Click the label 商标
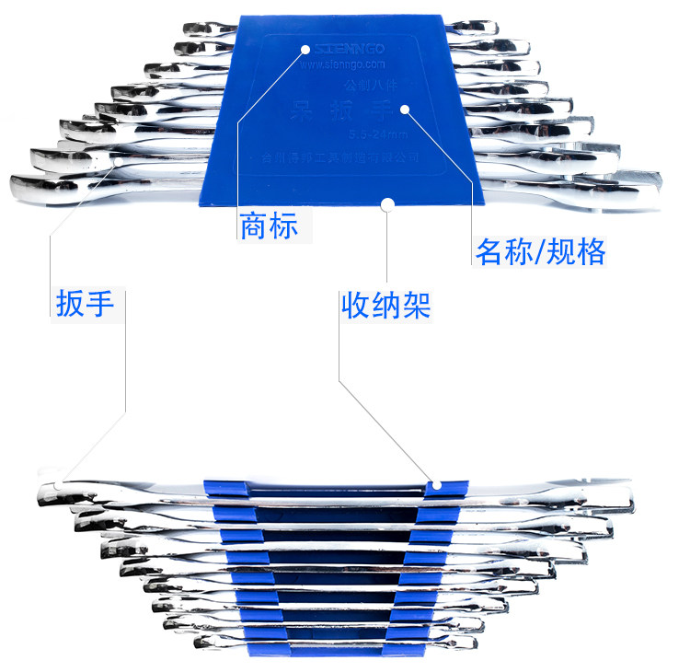click(269, 226)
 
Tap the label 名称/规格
click(540, 251)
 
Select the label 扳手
click(85, 303)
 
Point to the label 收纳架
click(385, 304)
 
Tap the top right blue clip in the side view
click(439, 487)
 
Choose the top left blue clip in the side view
click(221, 487)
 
